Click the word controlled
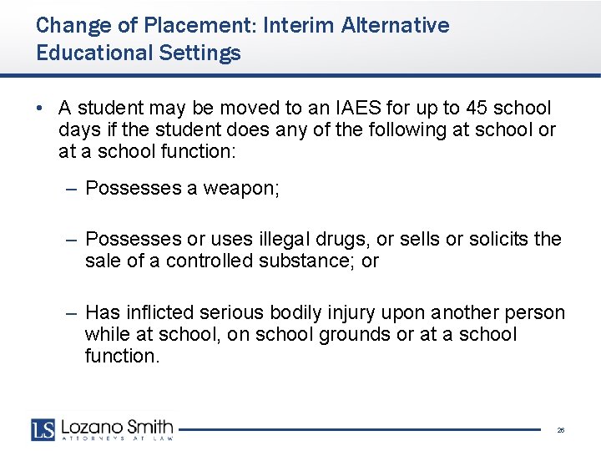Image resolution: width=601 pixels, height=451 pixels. pyautogui.click(x=209, y=261)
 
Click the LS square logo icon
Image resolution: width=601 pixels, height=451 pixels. pyautogui.click(x=43, y=428)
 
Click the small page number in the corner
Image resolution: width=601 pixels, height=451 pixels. pyautogui.click(x=560, y=430)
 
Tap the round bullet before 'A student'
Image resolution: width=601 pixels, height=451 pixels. pyautogui.click(x=40, y=109)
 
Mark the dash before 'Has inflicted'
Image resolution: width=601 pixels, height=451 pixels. pyautogui.click(x=73, y=313)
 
